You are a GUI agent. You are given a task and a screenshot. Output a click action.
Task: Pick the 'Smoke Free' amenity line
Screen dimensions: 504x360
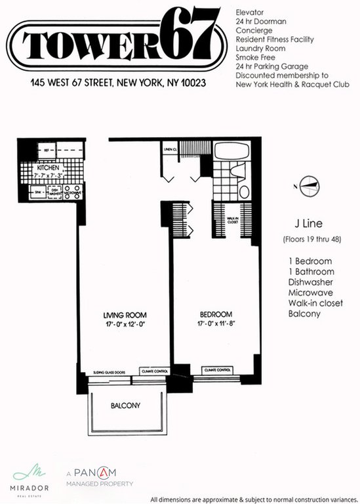point(257,58)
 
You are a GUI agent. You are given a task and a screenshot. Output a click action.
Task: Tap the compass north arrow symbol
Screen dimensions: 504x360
point(309,184)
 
